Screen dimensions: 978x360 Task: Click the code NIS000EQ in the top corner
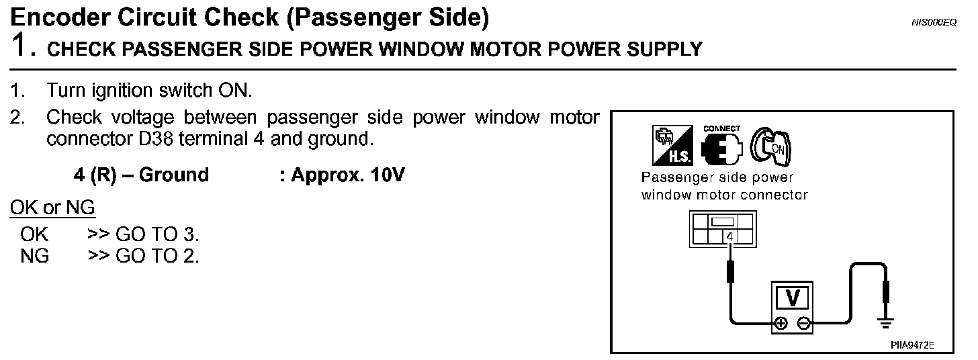[x=933, y=23]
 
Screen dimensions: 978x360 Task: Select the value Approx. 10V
[x=342, y=175]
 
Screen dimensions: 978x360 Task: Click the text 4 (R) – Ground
[x=141, y=175]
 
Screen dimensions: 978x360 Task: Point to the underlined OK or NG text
[x=52, y=208]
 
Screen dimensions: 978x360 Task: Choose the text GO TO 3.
[x=157, y=235]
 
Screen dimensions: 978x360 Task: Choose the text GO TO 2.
[x=157, y=256]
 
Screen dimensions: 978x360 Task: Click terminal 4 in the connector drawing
[x=730, y=236]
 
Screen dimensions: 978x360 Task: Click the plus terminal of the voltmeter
[x=781, y=324]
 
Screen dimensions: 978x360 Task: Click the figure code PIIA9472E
[x=912, y=345]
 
